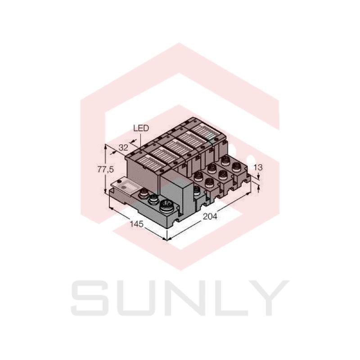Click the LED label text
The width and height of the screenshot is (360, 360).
[141, 128]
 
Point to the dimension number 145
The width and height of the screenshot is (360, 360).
[137, 224]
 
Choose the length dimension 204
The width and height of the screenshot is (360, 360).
[210, 216]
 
